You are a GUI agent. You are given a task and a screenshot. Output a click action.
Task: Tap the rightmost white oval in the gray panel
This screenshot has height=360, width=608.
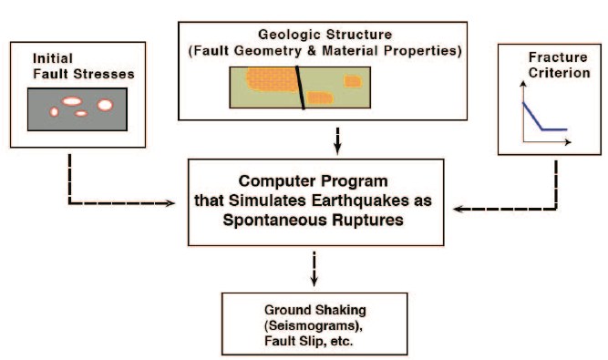pos(105,105)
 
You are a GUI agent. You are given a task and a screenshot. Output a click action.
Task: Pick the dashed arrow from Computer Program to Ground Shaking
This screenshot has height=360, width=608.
pos(314,268)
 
